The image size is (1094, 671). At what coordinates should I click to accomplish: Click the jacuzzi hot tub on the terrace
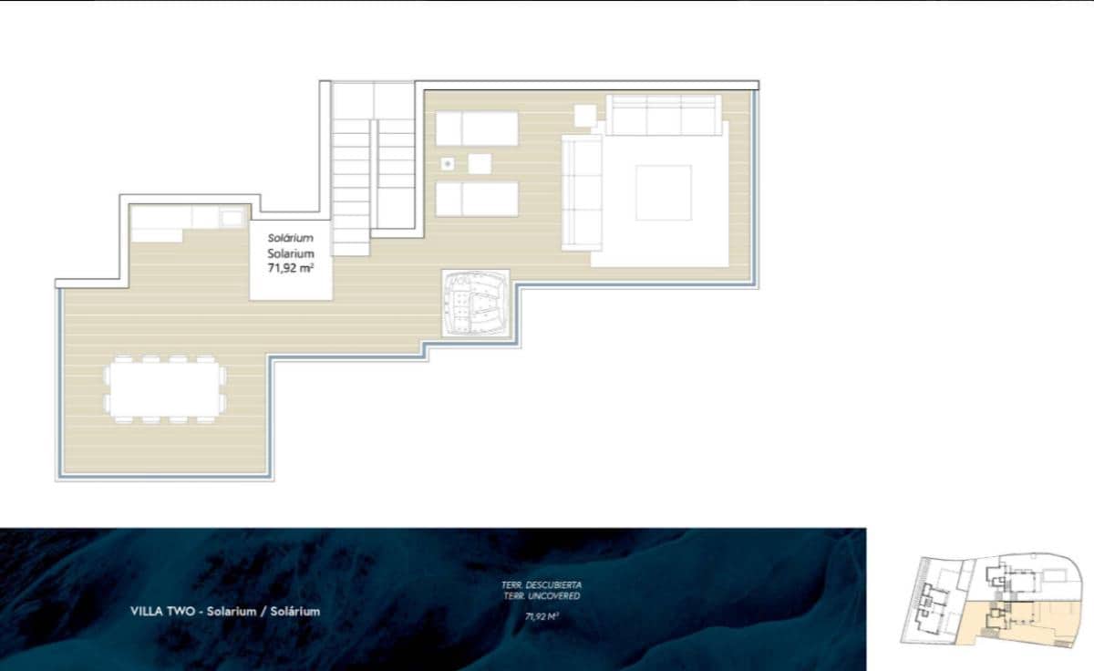point(475,303)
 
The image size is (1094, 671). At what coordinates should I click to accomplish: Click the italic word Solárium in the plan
point(291,238)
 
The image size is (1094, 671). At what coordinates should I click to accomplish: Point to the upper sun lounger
point(477,128)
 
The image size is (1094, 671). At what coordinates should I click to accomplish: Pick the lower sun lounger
point(477,199)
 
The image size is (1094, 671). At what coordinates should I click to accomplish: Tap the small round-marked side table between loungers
point(448,163)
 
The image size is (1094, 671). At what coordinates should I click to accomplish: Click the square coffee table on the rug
point(663,191)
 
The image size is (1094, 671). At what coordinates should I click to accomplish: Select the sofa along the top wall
point(664,115)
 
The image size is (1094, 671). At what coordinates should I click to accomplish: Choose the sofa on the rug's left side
point(582,191)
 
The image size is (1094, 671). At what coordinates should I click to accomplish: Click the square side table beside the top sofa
point(585,116)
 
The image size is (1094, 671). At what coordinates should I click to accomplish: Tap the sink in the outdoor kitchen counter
point(231,217)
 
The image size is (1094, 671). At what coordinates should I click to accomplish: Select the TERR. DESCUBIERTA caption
point(542,584)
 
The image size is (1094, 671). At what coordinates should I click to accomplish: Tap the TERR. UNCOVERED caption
point(542,595)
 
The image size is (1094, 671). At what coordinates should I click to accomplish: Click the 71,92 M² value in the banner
point(542,616)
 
